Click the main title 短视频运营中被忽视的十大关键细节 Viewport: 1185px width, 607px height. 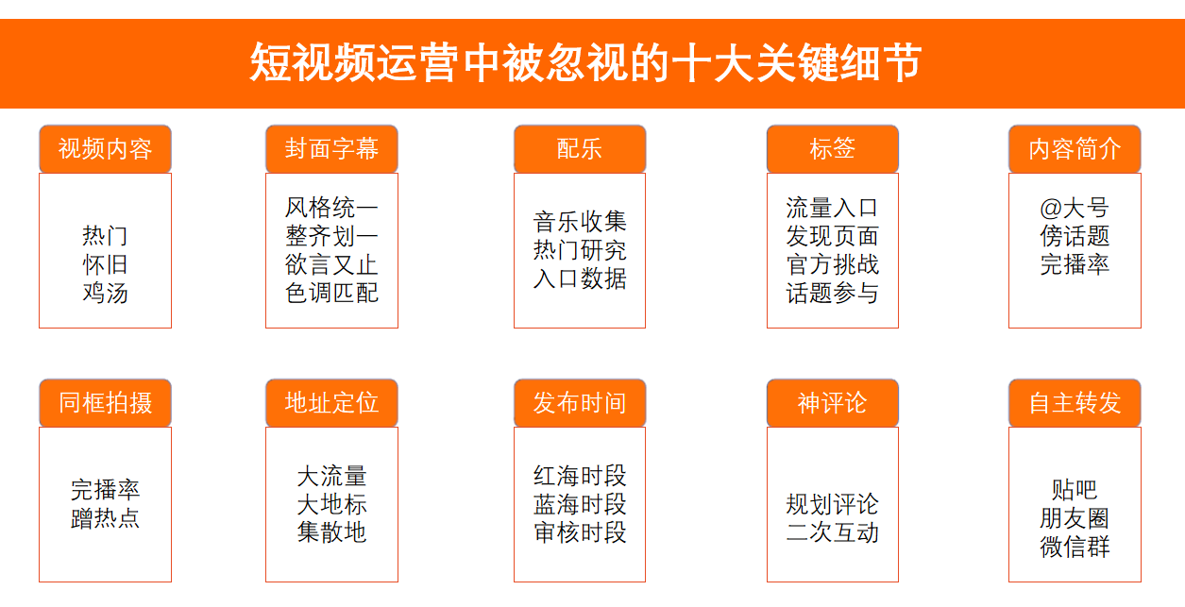coord(585,62)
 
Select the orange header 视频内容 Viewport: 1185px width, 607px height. coord(105,149)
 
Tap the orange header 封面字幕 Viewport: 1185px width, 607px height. coord(331,149)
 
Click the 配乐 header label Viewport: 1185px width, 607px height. coord(580,149)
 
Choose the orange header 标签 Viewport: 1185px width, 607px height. coord(833,149)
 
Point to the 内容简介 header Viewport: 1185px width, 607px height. coord(1075,149)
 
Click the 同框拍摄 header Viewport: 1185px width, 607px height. coord(105,403)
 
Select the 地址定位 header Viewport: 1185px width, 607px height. coord(331,403)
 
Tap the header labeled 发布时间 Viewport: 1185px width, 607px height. coord(580,403)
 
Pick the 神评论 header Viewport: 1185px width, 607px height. coord(833,403)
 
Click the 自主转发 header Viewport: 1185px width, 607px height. coord(1075,403)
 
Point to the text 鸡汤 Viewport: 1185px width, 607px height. coord(105,293)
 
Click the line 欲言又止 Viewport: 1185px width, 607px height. coord(331,264)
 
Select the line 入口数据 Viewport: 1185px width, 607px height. coord(580,278)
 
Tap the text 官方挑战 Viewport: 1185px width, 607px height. coord(833,264)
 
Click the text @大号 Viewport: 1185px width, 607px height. coord(1075,208)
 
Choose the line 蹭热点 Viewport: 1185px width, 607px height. coord(105,518)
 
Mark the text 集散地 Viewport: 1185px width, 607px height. coord(331,531)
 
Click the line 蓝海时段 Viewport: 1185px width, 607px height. coord(580,504)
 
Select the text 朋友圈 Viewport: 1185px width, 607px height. coord(1075,518)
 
